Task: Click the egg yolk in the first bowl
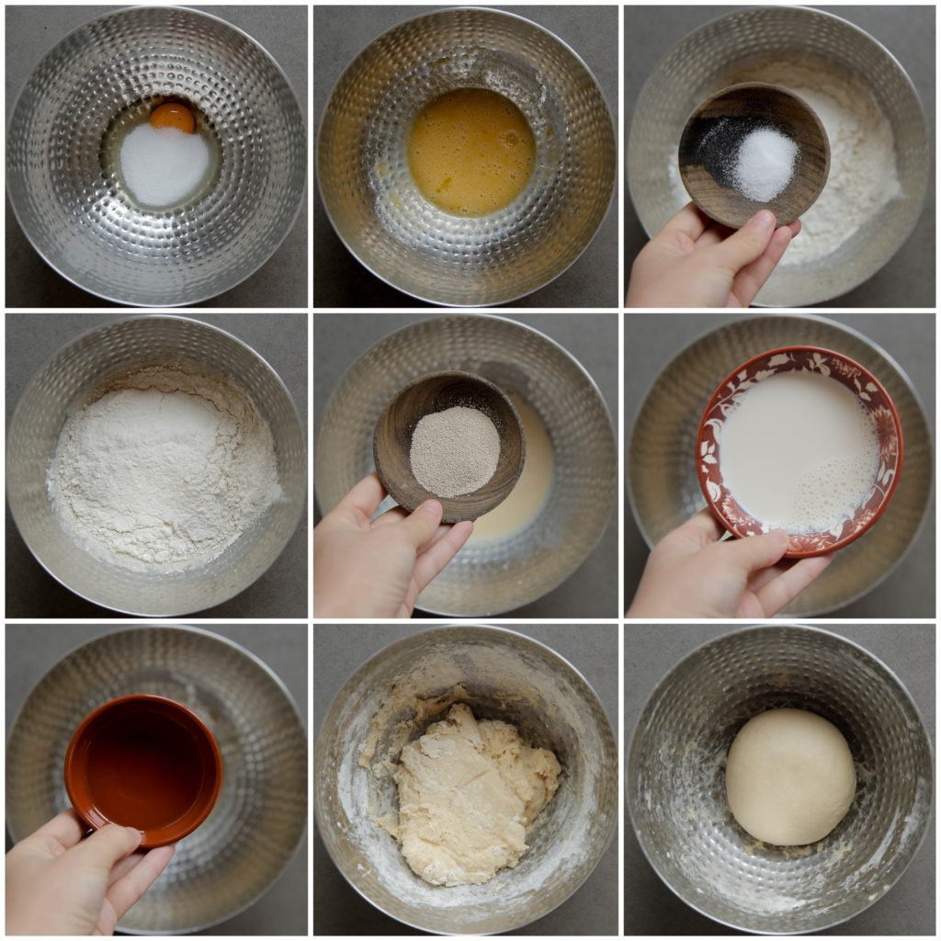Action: [x=172, y=117]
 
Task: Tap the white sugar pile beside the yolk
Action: [x=164, y=164]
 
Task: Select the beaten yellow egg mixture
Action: [x=470, y=152]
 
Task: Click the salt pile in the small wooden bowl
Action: [x=765, y=164]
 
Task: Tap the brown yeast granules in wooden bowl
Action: [x=454, y=450]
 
